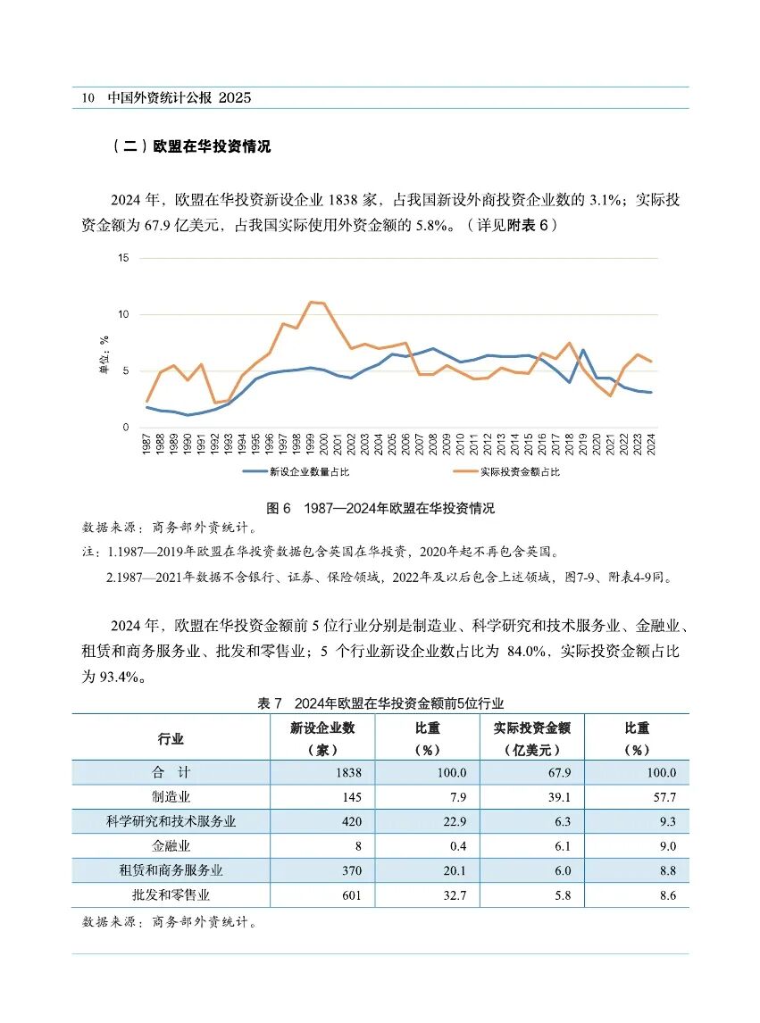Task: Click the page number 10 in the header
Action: pos(88,98)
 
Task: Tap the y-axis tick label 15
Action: pos(123,258)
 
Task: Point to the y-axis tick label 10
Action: pos(123,314)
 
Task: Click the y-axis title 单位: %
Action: pos(104,353)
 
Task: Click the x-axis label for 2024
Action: pos(652,442)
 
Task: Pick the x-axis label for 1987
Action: pos(147,442)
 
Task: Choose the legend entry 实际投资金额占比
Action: pos(520,471)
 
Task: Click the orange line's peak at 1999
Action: pos(311,302)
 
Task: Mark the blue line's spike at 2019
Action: pos(583,350)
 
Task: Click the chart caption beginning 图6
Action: pos(380,509)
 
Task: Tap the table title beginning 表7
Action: pos(380,704)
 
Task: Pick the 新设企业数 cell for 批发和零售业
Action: pos(349,895)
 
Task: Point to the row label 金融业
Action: pos(171,846)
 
